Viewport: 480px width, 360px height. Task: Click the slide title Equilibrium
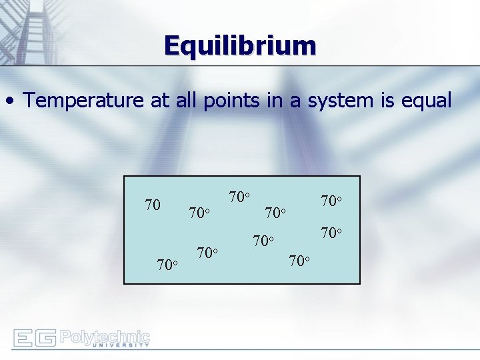pyautogui.click(x=240, y=46)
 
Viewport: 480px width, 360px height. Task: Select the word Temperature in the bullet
pyautogui.click(x=83, y=101)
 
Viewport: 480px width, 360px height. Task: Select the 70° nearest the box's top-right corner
pyautogui.click(x=331, y=201)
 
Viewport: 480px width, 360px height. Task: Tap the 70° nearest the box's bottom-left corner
pyautogui.click(x=167, y=265)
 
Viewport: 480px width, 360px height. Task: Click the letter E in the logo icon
pyautogui.click(x=23, y=338)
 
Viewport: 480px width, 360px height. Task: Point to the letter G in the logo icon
pyautogui.click(x=45, y=338)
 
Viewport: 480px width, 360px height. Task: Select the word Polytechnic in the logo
pyautogui.click(x=105, y=335)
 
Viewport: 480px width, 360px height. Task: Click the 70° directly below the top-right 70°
pyautogui.click(x=331, y=233)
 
